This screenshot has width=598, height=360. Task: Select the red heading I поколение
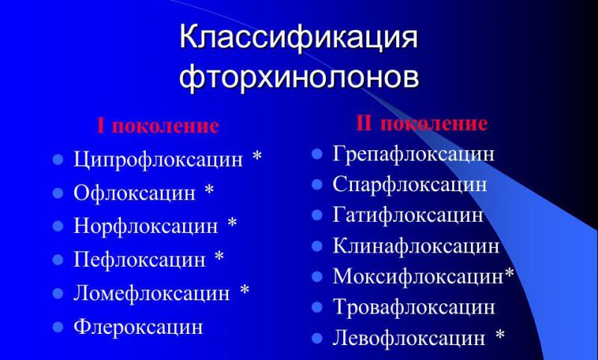point(158,125)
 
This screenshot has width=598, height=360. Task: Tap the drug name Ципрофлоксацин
point(158,159)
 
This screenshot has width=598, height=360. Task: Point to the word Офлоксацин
point(135,193)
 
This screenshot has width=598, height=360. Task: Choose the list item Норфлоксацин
point(146,226)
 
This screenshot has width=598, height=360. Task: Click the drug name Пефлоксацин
point(139,259)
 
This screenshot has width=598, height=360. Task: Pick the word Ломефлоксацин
point(152,293)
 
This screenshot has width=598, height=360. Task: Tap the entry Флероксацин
point(138,326)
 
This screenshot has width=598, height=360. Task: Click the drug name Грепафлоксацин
point(413,155)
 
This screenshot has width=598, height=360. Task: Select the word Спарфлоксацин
point(410,184)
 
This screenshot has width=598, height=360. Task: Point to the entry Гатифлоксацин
point(408,215)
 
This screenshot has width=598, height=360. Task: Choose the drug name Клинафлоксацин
point(416,246)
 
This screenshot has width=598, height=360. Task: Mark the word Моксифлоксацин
point(417,276)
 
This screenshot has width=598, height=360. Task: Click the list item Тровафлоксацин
point(413,307)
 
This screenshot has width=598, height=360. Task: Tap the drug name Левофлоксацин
point(409,338)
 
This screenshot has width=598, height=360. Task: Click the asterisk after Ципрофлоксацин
point(257,158)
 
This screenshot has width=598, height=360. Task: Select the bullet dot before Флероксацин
point(58,326)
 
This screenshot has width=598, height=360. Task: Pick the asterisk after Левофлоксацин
point(500,336)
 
